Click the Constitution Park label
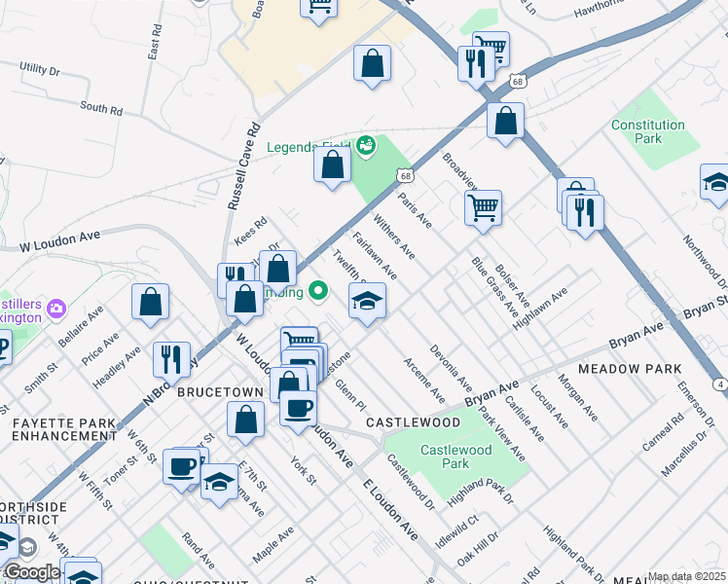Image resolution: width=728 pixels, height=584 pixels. [648, 132]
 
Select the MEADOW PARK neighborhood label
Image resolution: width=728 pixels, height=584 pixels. [620, 370]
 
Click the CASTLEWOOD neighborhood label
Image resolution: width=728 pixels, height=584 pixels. [413, 422]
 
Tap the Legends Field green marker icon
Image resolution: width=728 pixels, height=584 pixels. [366, 146]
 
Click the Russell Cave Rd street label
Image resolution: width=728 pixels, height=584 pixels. [245, 165]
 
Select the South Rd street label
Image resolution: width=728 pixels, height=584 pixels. [101, 109]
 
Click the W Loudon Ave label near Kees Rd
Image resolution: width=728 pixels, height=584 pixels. [60, 237]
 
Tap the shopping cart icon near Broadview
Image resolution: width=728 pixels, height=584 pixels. [483, 207]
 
